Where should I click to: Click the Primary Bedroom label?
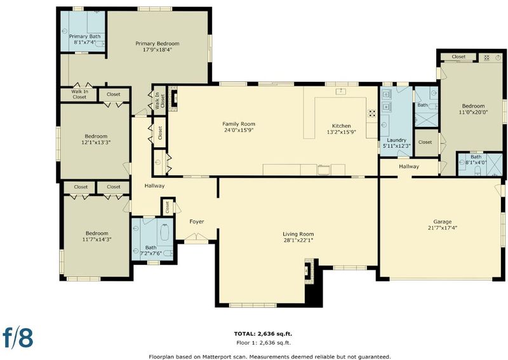(x=157, y=43)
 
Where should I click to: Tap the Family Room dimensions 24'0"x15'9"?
(x=239, y=130)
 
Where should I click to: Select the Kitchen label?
(x=342, y=126)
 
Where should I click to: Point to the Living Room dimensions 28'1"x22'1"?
(x=298, y=241)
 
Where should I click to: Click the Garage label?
(x=442, y=222)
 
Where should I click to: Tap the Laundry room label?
(x=396, y=140)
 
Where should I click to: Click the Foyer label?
(x=197, y=222)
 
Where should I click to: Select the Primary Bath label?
(x=85, y=36)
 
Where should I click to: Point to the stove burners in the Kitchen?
(x=372, y=113)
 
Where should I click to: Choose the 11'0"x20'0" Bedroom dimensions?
(x=473, y=112)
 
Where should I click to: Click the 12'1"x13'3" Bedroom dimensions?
(x=97, y=142)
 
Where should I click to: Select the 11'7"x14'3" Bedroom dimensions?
(x=97, y=239)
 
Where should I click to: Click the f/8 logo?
(x=18, y=338)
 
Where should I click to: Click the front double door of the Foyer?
(x=196, y=238)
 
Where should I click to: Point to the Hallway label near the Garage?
(x=409, y=166)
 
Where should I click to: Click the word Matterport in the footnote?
(x=217, y=356)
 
